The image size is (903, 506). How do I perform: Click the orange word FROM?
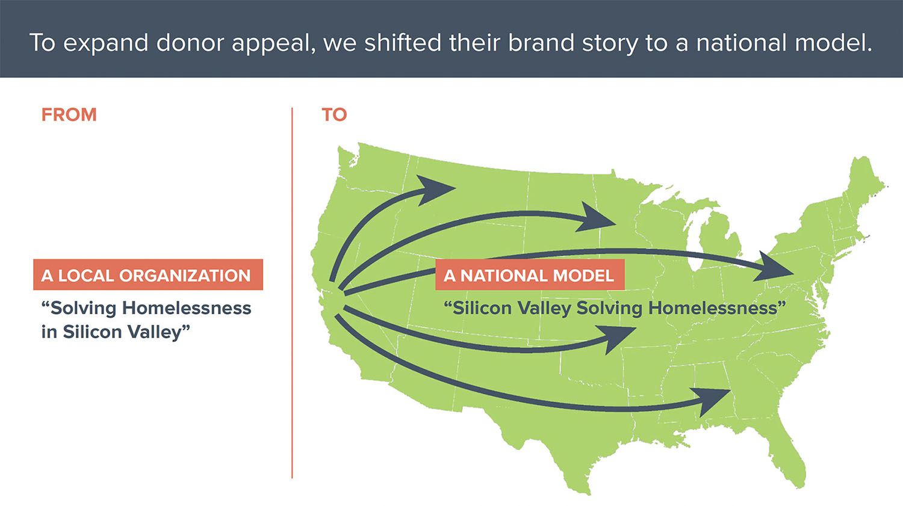pyautogui.click(x=69, y=115)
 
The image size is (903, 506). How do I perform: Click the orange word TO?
pyautogui.click(x=334, y=115)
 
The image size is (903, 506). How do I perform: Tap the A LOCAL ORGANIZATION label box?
pyautogui.click(x=148, y=275)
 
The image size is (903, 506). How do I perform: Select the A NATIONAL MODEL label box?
pyautogui.click(x=530, y=275)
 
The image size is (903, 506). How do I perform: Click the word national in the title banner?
pyautogui.click(x=741, y=43)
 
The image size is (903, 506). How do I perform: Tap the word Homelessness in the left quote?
pyautogui.click(x=187, y=308)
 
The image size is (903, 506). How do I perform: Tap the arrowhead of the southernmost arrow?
pyautogui.click(x=712, y=401)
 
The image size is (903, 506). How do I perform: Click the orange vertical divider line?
pyautogui.click(x=292, y=293)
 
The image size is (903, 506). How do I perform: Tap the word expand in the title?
pyautogui.click(x=105, y=43)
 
